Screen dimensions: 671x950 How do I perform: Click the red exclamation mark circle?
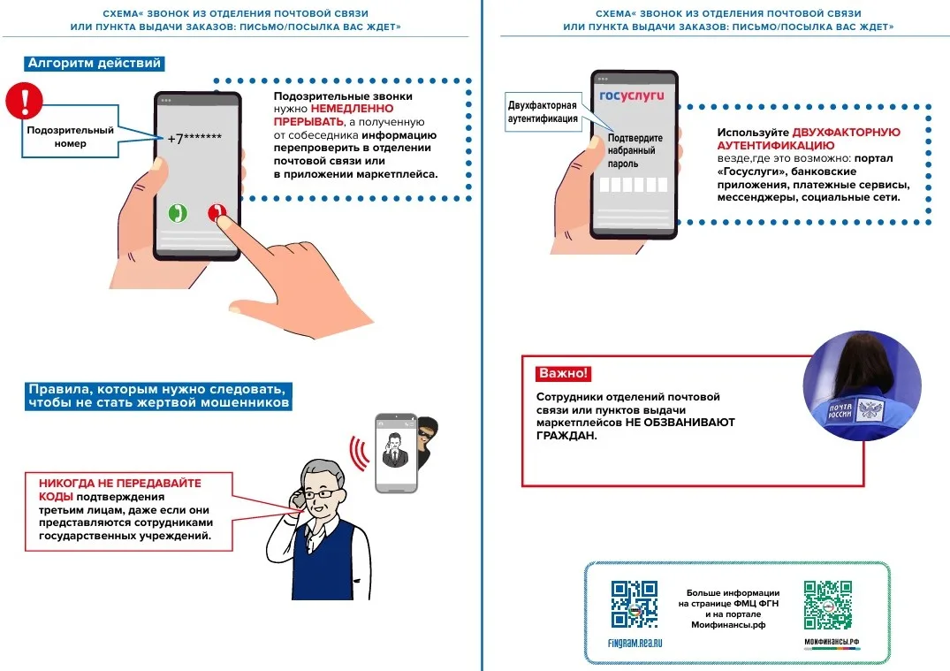coord(25,101)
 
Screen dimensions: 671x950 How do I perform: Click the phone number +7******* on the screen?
coord(194,138)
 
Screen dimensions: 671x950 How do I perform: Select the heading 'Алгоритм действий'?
coord(95,64)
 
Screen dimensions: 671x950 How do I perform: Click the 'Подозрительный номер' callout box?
coord(71,136)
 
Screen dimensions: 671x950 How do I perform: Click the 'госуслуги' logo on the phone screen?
coord(631,95)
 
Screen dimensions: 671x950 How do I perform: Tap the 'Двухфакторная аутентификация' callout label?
coord(543,111)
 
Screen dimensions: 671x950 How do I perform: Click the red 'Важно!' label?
coord(562,373)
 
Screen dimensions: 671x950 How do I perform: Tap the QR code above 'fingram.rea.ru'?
coord(635,604)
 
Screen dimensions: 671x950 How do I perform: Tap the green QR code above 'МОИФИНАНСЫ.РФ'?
coord(828,604)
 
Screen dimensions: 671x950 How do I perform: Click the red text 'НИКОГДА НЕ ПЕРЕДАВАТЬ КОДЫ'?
coord(119,489)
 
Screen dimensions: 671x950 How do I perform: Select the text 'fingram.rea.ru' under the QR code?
coord(635,644)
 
